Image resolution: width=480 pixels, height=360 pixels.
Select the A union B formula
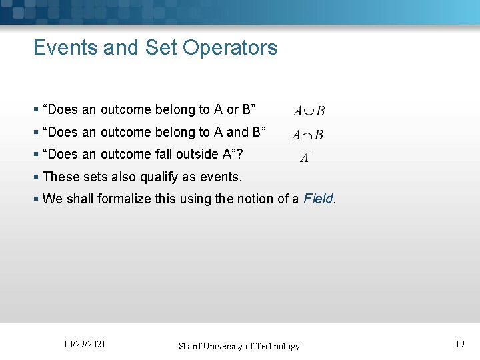tap(308, 111)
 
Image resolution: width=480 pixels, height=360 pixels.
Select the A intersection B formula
tap(307, 135)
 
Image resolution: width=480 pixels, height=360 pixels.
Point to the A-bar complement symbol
tap(304, 157)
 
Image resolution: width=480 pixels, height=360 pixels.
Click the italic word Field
tap(318, 199)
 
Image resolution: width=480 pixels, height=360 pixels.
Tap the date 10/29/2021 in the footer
tap(84, 345)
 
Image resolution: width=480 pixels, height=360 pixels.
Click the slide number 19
tap(459, 345)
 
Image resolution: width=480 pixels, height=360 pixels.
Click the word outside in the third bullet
tap(181, 155)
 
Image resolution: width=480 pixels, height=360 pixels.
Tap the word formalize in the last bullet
tap(125, 199)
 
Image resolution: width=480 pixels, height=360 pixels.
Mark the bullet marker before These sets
tap(36, 177)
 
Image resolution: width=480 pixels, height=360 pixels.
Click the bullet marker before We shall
tap(36, 199)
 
